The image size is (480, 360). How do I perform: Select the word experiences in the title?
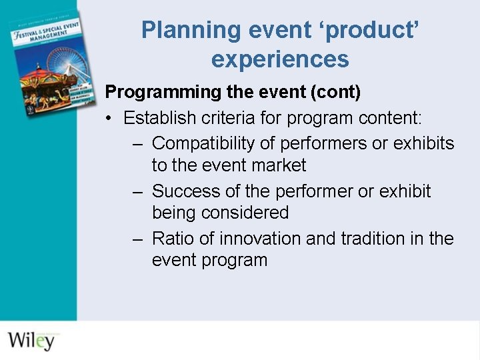[x=280, y=59]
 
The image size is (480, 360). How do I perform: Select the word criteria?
[x=223, y=119]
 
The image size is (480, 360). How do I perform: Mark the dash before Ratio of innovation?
[x=137, y=239]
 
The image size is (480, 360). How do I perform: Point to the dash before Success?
[x=137, y=191]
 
